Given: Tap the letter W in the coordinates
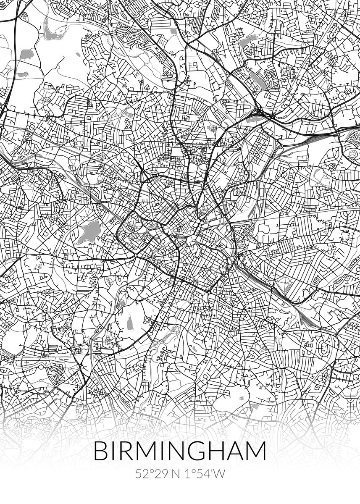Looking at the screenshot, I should tap(218, 474).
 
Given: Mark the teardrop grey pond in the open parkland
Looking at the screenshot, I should tap(130, 322).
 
